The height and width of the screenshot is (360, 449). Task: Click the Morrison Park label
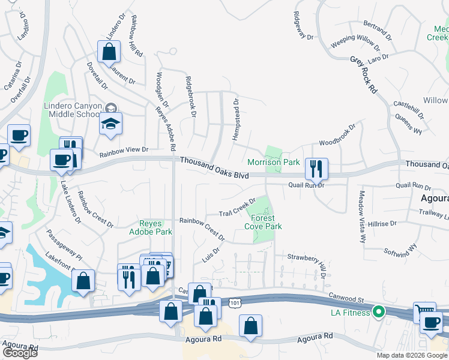tap(273, 162)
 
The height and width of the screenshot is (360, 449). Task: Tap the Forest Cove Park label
tap(263, 223)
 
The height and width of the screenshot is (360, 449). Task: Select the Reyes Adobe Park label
tap(152, 227)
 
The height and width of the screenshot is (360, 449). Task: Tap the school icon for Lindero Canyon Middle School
tap(110, 124)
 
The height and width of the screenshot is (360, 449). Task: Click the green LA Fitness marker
tap(378, 311)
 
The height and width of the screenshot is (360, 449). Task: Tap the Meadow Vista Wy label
tap(362, 217)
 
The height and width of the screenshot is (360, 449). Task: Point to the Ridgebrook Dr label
tap(191, 97)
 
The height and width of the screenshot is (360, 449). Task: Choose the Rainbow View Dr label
tap(124, 151)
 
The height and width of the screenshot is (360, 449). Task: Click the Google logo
tap(20, 353)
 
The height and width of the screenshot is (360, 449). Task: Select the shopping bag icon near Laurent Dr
tap(109, 52)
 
